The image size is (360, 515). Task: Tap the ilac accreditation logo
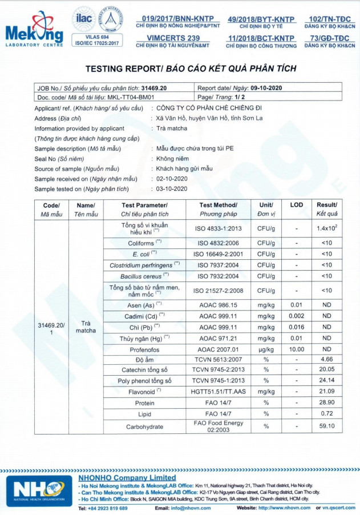[x=82, y=19]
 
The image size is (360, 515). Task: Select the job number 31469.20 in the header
[x=153, y=88]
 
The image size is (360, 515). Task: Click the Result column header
[x=327, y=209]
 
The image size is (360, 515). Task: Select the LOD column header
[x=297, y=205]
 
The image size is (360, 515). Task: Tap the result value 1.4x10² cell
[x=327, y=228]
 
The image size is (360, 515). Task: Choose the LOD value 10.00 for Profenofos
[x=297, y=349]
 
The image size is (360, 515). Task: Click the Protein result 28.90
[x=327, y=403]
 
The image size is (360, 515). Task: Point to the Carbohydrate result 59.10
[x=327, y=426]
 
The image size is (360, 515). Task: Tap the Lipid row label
[x=144, y=413]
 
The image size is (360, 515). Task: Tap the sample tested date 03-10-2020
[x=172, y=189]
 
